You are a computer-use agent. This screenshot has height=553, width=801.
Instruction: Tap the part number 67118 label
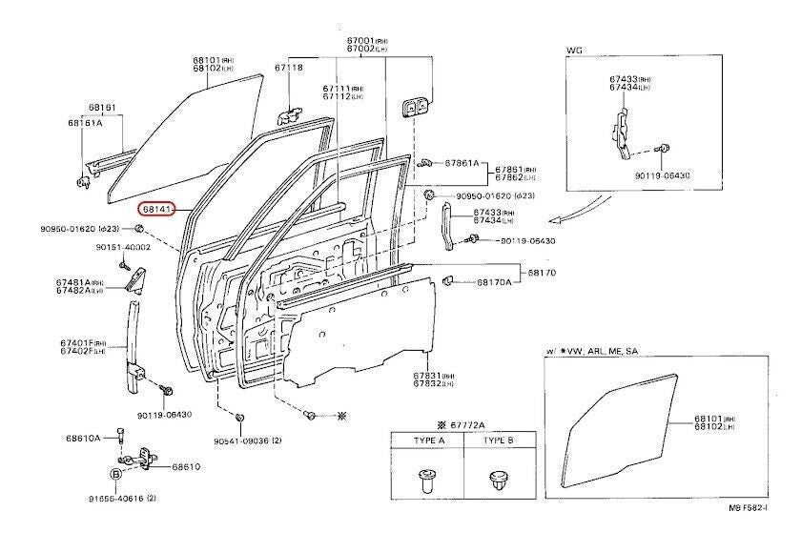pos(289,68)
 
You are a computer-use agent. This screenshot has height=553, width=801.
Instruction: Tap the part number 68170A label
pos(494,282)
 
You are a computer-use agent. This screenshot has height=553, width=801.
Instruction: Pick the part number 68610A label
pos(83,439)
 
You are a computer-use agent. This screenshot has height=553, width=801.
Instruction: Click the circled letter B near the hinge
pos(115,474)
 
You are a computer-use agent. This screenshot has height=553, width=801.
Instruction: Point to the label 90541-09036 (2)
pos(247,440)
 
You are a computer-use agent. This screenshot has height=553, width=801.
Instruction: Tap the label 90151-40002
pos(117,248)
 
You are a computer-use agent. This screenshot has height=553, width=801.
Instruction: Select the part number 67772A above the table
pos(466,424)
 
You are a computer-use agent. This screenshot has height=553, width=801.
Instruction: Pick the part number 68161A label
pos(85,123)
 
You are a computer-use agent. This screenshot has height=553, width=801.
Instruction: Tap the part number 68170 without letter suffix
pos(542,273)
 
